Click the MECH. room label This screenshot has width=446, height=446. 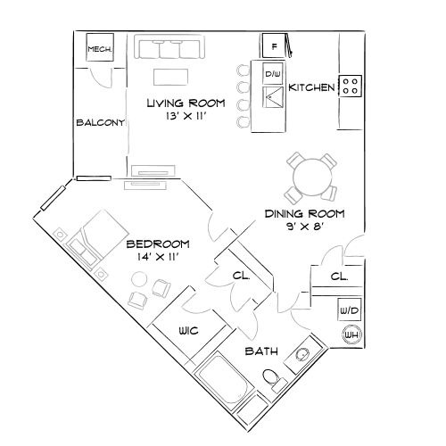[99, 51]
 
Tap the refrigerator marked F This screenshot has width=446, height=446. [274, 45]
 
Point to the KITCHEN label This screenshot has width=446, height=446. [313, 87]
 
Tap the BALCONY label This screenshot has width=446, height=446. [99, 123]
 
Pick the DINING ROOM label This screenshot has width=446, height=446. [304, 214]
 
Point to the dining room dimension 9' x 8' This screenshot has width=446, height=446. [304, 227]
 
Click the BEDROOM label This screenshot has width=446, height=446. [157, 244]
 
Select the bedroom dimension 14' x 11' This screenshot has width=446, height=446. [157, 257]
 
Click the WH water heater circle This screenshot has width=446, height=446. [351, 334]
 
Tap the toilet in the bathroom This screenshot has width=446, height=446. [273, 381]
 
